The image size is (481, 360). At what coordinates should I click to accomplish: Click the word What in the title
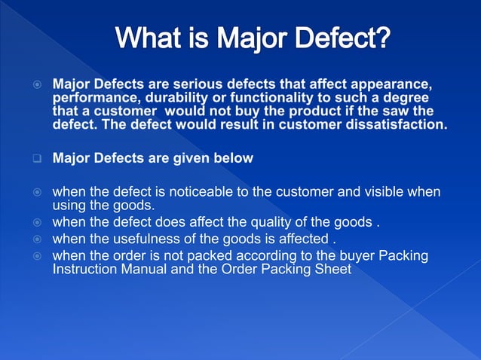[153, 38]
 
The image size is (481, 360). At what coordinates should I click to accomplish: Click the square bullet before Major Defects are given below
[35, 159]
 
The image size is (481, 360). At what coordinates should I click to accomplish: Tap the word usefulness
[144, 239]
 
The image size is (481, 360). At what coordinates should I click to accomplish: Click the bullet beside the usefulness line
[35, 240]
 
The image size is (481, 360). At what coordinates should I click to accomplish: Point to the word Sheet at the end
[334, 269]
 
